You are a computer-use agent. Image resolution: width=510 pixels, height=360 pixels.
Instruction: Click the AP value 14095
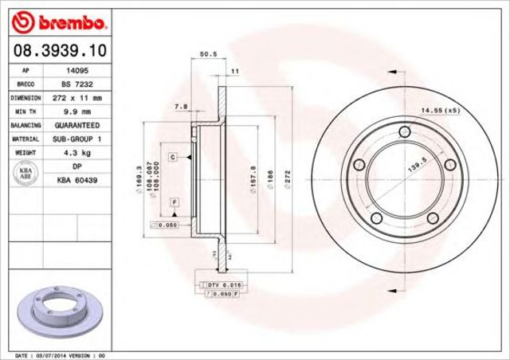tap(76, 70)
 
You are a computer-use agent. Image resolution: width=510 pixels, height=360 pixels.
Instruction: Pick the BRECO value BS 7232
tap(76, 84)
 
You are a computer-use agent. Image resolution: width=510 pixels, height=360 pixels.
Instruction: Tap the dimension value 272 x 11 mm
tap(76, 98)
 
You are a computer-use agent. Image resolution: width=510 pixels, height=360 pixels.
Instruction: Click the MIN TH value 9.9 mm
tap(76, 112)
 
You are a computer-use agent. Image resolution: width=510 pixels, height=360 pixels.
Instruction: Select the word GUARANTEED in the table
tap(76, 126)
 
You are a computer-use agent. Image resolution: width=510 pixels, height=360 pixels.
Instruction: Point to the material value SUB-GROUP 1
tap(76, 139)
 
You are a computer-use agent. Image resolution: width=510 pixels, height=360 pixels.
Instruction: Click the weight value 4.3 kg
tap(76, 153)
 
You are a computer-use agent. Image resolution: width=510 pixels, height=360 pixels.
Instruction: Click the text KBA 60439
tap(76, 181)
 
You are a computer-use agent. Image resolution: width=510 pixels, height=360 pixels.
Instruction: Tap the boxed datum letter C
tap(172, 158)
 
